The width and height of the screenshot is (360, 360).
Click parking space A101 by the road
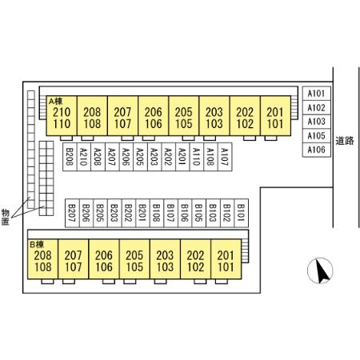click(x=317, y=94)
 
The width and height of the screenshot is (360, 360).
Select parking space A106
click(x=317, y=150)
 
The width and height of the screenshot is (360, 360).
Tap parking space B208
click(x=70, y=157)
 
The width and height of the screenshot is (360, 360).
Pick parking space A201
click(x=182, y=157)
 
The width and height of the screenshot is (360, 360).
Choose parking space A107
click(x=225, y=157)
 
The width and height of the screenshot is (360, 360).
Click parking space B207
click(x=72, y=213)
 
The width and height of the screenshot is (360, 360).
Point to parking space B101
click(x=242, y=213)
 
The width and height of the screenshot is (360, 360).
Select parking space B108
click(x=157, y=213)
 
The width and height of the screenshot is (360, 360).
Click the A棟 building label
click(x=55, y=102)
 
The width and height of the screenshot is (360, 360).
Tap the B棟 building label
click(x=37, y=244)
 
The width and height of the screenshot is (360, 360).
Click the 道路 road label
click(x=345, y=141)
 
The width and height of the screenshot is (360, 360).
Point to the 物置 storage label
click(x=6, y=217)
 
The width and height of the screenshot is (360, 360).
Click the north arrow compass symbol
click(x=320, y=270)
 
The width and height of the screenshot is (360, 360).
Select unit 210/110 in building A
click(x=62, y=116)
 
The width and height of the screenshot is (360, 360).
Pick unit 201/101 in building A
click(x=275, y=116)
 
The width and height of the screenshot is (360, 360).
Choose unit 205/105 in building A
click(x=184, y=116)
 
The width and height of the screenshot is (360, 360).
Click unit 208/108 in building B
click(x=42, y=259)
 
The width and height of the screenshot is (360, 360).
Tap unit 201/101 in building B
click(x=226, y=259)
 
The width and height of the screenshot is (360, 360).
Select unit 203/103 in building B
click(x=165, y=259)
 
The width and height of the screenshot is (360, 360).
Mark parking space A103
click(x=317, y=122)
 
